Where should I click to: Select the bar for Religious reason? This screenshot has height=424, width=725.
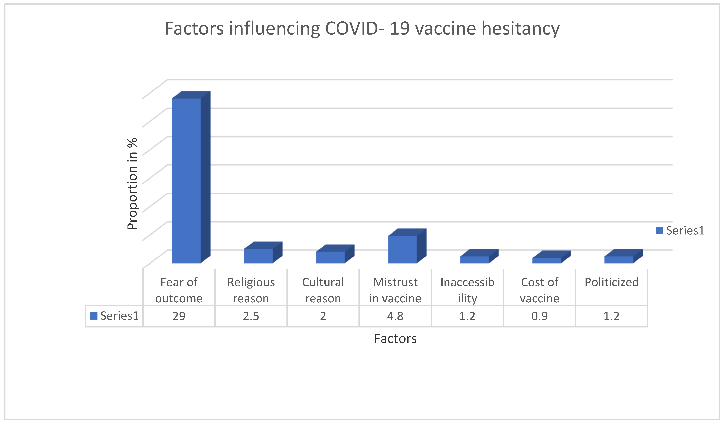(258, 256)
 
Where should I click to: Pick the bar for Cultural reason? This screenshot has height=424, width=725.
(330, 257)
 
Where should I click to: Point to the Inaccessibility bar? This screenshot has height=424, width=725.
(474, 260)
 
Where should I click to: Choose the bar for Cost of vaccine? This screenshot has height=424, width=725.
(546, 260)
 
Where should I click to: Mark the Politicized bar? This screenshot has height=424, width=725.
(619, 260)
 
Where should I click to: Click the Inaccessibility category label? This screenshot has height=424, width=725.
(467, 290)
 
